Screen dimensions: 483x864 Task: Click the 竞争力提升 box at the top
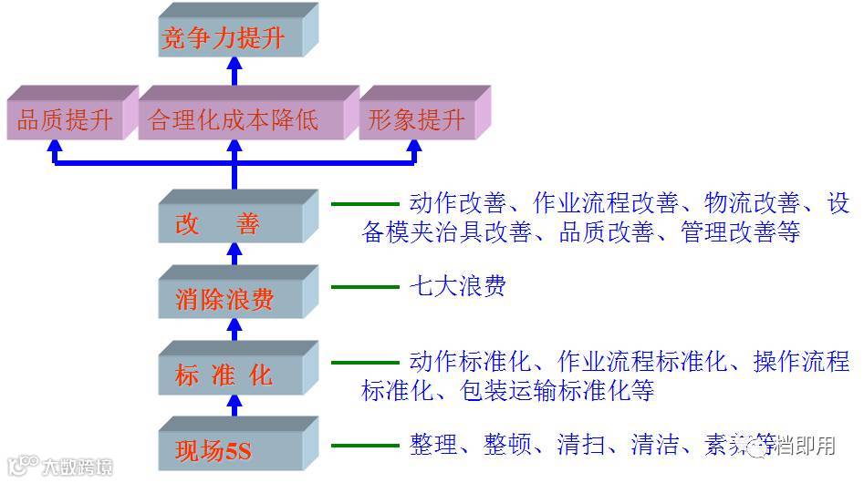click(x=223, y=39)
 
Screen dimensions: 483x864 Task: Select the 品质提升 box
click(x=65, y=120)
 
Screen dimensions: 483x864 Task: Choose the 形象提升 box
click(x=417, y=120)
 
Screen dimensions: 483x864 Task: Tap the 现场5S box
click(x=224, y=449)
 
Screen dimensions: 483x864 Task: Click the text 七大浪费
click(x=457, y=287)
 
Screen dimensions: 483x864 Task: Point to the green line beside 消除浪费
click(x=365, y=288)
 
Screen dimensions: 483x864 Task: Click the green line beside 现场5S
click(x=365, y=446)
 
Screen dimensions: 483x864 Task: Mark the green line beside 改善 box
click(x=365, y=205)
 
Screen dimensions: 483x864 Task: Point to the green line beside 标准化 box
click(x=365, y=363)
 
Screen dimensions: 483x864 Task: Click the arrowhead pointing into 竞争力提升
click(x=234, y=66)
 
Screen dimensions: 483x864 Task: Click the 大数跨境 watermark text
click(x=77, y=468)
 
